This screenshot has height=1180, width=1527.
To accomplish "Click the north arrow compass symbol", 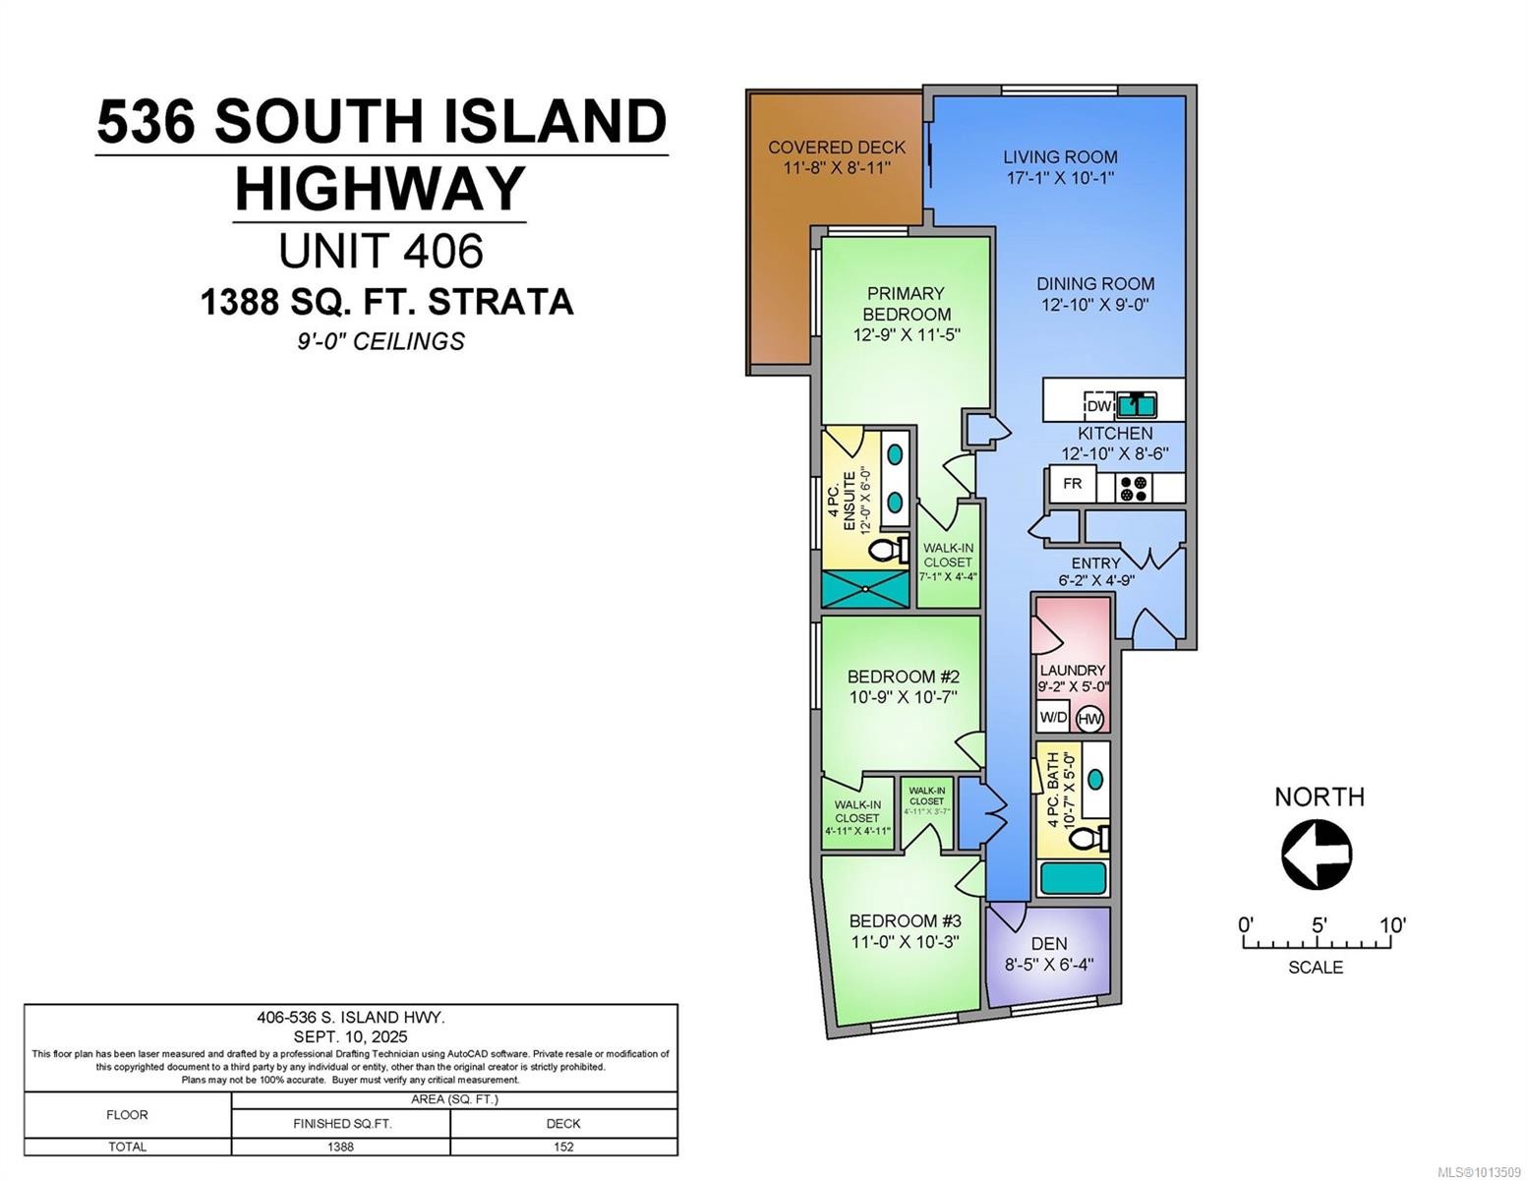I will tap(1317, 855).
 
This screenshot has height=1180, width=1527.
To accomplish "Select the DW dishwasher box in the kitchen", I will tap(1098, 405).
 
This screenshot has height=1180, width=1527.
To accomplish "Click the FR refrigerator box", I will tap(1073, 484).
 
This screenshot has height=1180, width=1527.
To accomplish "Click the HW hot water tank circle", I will tap(1089, 719).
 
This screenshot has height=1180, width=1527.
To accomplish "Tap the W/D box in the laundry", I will tap(1053, 717).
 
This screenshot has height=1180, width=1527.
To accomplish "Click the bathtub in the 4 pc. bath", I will tap(1073, 878).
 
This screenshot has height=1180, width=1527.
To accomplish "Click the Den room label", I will tap(1049, 944).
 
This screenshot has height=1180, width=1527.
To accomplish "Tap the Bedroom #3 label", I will tap(905, 921).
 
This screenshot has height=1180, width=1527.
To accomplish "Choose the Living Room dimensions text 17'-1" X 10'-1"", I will tap(1059, 178).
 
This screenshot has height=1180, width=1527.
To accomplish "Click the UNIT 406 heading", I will tap(382, 251).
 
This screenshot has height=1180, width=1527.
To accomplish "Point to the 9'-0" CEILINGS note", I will tap(382, 341).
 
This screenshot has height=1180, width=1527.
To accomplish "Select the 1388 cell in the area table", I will tap(340, 1147).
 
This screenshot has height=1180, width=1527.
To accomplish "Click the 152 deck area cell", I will tap(563, 1147).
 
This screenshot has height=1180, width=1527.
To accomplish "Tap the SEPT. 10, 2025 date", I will tap(350, 1036).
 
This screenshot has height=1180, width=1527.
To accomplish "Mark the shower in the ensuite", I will tap(865, 589).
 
